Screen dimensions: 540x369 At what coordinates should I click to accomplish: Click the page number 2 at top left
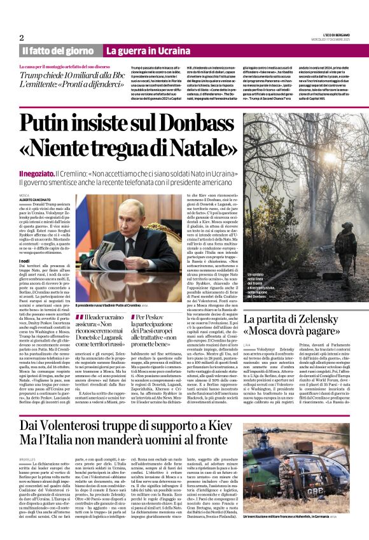point(22,38)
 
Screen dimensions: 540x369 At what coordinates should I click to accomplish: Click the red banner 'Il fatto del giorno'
point(59,51)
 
